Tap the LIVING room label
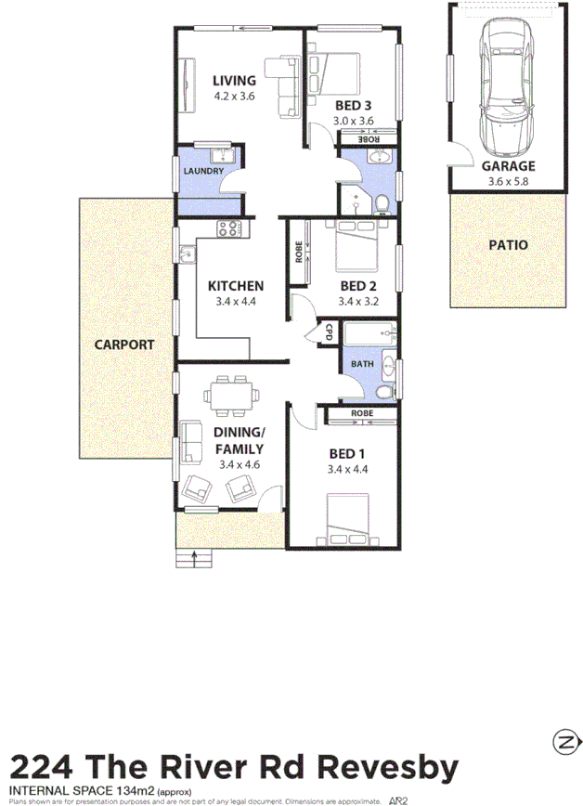point(233,80)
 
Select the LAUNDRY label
point(203,172)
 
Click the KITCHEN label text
point(235,286)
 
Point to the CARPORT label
point(124,344)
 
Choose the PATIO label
point(507,245)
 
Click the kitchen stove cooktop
point(229,227)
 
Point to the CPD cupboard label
point(329,331)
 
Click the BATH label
point(363,364)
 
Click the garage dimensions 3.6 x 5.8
point(507,181)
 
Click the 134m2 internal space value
point(136,790)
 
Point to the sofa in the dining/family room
point(192,442)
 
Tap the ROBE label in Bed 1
point(362,412)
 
